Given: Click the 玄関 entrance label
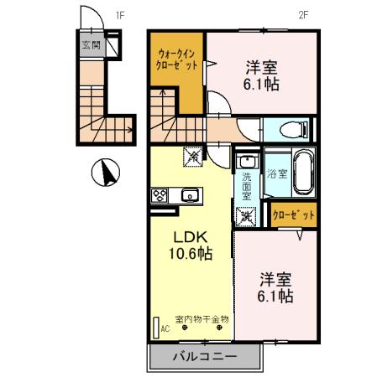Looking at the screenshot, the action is pos(92,44).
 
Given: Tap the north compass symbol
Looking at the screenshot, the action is pos(106,173).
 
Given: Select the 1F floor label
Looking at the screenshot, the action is pos(120,15).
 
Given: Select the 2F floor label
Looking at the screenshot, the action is pos(303,15).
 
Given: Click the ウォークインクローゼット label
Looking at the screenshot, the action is pos(177,59).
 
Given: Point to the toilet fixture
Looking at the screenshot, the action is pos(294,129).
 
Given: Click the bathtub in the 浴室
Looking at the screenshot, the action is pos(304,173).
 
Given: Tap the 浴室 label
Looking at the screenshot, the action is pos(277,173).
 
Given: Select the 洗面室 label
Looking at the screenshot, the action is pos(247,186).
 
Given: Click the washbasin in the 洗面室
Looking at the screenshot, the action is pos(247,161).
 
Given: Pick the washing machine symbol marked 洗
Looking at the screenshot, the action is pos(246,216).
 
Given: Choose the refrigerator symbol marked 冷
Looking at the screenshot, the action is pos(193,157).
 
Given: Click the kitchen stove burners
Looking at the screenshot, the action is pos(160,195).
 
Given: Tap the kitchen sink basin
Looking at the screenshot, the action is pos(190,195).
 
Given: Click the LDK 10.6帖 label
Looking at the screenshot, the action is pos(191,245).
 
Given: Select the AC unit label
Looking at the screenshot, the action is pos(165,329).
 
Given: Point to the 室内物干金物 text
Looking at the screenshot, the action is pos(202,319).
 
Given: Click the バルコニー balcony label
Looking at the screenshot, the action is pos(205,356).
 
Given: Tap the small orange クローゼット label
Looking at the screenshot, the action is pos(294,214).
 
